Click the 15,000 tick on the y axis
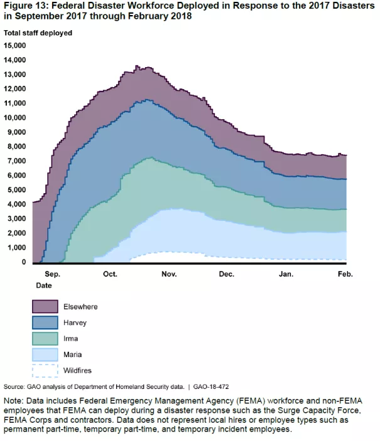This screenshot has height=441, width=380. (15, 46)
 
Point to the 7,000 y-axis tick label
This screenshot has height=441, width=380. (16, 161)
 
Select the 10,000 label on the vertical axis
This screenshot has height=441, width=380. (15, 118)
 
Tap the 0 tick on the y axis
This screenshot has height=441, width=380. (24, 262)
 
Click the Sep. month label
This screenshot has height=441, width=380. (53, 274)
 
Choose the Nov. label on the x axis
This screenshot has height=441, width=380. (168, 274)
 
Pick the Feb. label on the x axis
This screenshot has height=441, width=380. (345, 274)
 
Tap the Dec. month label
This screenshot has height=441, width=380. (226, 274)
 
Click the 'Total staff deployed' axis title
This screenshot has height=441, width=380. (38, 32)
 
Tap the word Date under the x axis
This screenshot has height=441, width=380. (43, 285)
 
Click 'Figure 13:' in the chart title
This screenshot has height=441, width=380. (25, 7)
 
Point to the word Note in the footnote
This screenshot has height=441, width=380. (14, 400)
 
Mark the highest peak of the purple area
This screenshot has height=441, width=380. (137, 66)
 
